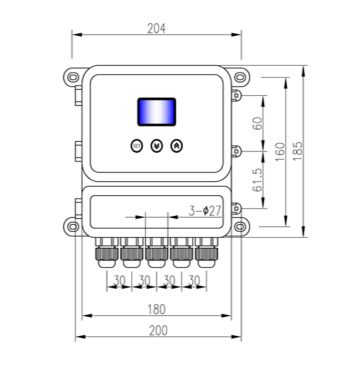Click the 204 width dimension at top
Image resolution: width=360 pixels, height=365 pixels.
click(x=156, y=28)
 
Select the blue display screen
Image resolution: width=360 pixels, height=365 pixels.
click(x=156, y=111)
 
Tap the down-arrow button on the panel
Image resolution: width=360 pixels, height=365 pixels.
click(x=156, y=146)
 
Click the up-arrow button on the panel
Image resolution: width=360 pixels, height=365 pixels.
click(x=177, y=146)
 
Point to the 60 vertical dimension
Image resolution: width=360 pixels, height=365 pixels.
click(x=258, y=124)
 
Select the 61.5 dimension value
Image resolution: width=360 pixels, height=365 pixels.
click(x=258, y=180)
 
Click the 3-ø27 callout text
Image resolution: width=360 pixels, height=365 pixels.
click(x=205, y=211)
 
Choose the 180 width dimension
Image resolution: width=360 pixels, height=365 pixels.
click(x=156, y=309)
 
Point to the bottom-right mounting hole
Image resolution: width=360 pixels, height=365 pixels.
click(x=240, y=226)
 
